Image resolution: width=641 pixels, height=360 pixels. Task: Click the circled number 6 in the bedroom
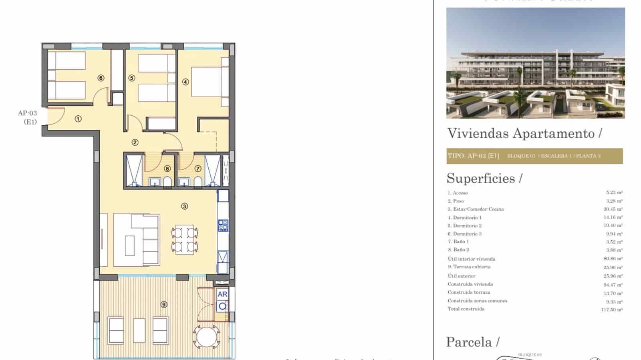[101, 78]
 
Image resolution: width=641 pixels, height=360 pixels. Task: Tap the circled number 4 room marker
[185, 82]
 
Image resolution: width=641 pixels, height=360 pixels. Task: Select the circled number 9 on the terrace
[163, 305]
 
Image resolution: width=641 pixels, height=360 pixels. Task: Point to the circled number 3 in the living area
[184, 206]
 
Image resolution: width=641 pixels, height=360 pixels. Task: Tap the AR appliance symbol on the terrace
[222, 294]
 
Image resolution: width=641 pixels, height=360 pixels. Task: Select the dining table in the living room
[185, 240]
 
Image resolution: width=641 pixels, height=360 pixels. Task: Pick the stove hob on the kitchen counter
[223, 225]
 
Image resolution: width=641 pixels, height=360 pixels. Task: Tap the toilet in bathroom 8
[167, 183]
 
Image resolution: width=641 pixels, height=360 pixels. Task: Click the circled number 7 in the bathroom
[198, 169]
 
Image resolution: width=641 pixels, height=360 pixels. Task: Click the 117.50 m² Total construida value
[611, 309]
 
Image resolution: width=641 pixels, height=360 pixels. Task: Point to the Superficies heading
[481, 178]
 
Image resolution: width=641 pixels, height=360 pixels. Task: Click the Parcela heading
[469, 342]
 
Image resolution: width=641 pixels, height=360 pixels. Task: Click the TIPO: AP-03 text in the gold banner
[473, 156]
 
